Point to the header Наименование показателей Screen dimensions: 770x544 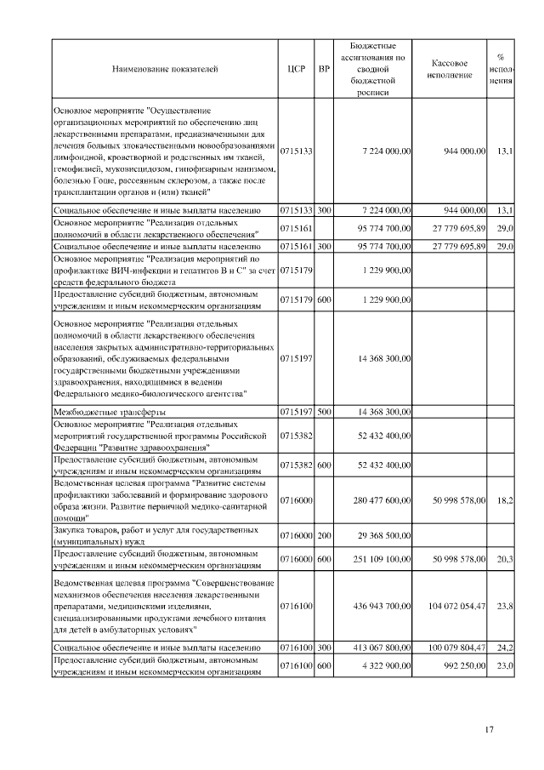point(165,69)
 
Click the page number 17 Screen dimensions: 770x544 point(489,728)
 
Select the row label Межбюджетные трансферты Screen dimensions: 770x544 point(105,412)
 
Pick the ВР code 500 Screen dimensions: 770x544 point(324,412)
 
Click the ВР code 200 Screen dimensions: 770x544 point(324,537)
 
